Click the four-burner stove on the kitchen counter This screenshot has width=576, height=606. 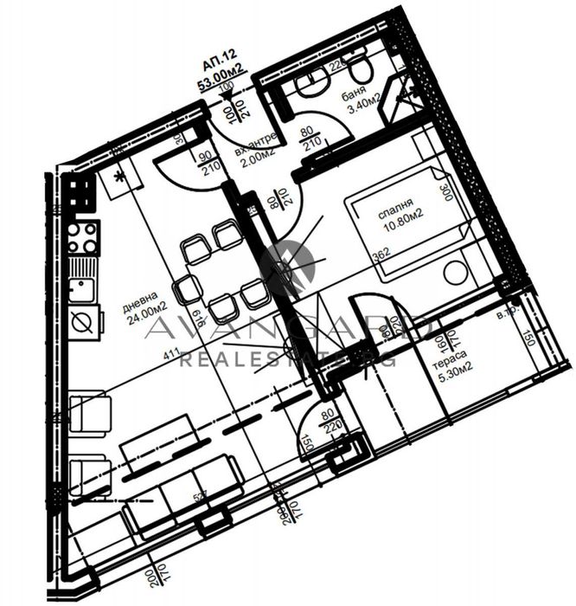tap(84, 236)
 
